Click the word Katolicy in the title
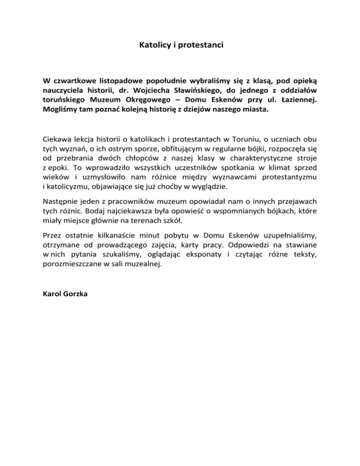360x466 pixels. [x=155, y=46]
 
